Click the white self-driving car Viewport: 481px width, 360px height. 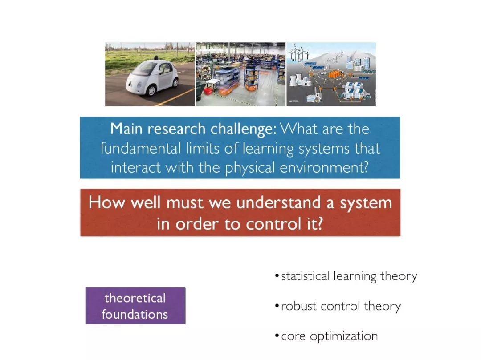[x=152, y=77]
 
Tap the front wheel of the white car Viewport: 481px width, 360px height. [x=151, y=90]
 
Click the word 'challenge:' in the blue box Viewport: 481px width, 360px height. [x=244, y=129]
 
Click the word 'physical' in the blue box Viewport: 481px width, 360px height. [x=250, y=168]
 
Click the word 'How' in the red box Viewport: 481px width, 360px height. [x=107, y=203]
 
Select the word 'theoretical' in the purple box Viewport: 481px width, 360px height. [x=135, y=298]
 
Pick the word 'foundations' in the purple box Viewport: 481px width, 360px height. [x=135, y=314]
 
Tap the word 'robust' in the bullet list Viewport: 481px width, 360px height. [x=298, y=306]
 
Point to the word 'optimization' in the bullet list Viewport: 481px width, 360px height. [x=344, y=336]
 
